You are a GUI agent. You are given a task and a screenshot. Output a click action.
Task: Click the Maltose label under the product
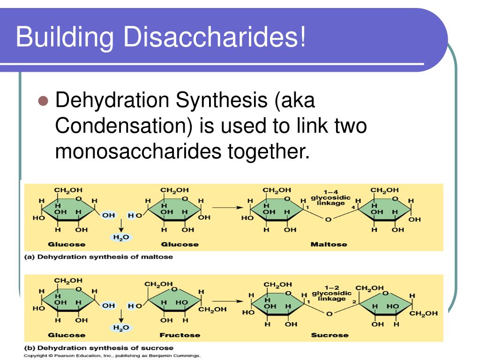pos(329,244)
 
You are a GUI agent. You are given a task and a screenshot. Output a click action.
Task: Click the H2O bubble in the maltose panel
pos(121,237)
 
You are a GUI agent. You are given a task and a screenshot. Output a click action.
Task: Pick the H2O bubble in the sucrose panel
pos(121,328)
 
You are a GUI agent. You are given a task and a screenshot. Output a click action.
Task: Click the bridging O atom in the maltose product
pos(329,219)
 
